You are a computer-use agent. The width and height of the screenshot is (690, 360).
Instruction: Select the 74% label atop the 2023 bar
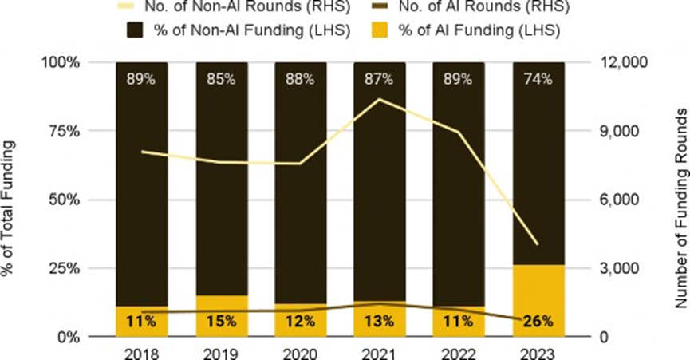537,79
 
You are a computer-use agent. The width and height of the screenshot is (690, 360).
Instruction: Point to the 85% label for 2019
221,79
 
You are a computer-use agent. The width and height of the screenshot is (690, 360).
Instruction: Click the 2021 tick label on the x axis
379,352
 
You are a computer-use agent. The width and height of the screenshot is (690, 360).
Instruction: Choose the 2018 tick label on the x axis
141,352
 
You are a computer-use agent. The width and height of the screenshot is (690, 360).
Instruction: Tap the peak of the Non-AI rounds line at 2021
379,99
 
